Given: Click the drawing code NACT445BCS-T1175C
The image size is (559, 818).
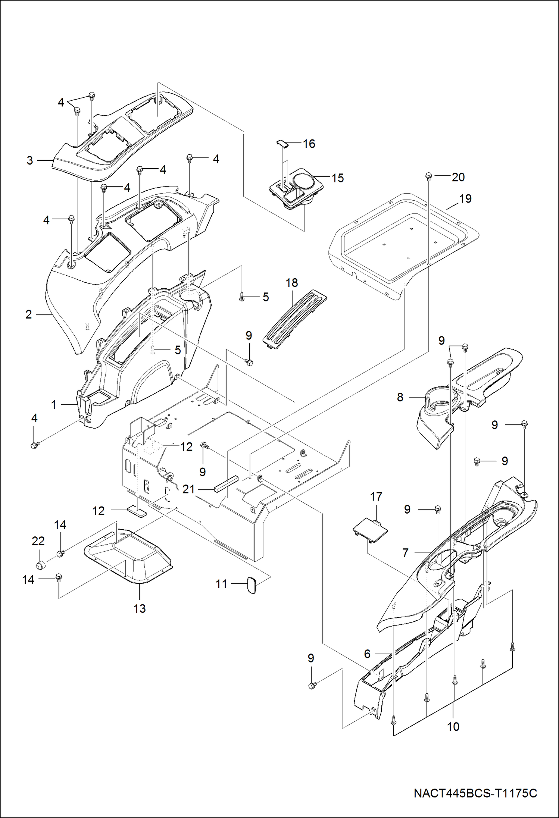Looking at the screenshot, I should (x=475, y=793).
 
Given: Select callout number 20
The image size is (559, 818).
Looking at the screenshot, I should (x=458, y=177).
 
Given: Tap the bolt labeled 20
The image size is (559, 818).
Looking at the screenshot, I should (x=429, y=175).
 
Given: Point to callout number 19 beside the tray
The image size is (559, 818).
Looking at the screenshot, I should (x=465, y=199).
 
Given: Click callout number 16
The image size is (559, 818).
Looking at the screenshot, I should (x=309, y=144).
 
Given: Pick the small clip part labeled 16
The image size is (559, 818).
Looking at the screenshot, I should (x=282, y=144).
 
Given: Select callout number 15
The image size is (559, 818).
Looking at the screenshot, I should (x=337, y=178).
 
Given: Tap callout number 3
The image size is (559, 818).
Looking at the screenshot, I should (x=30, y=160).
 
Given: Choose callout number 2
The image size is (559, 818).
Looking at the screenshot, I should (x=29, y=314).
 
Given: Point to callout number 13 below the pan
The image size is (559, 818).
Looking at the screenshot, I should (x=140, y=608).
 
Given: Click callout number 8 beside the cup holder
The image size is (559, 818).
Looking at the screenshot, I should (x=400, y=397).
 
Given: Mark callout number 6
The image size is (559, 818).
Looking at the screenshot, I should (x=367, y=654).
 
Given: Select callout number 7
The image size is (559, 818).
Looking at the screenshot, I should (x=406, y=552).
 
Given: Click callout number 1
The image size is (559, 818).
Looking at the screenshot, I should (x=54, y=405).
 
